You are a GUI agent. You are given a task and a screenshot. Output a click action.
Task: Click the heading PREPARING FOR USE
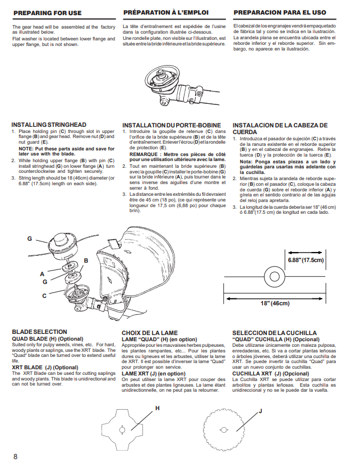[48, 13]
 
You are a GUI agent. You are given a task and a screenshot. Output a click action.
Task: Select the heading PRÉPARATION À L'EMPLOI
[166, 13]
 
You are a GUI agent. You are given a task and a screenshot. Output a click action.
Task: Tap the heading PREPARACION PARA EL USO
[280, 13]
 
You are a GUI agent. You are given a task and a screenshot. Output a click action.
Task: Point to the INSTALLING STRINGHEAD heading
[49, 125]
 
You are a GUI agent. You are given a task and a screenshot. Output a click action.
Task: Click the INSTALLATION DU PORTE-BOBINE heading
[172, 125]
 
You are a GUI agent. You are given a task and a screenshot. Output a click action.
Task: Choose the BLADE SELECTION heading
[40, 332]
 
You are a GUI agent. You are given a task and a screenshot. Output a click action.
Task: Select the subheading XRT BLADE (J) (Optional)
[45, 368]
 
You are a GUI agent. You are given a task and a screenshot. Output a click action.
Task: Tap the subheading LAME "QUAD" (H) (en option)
[159, 340]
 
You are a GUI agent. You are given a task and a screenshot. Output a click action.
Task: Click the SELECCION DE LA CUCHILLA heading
[274, 333]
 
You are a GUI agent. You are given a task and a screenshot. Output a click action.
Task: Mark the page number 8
[15, 456]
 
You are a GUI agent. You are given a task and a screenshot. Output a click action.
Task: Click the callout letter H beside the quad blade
[157, 408]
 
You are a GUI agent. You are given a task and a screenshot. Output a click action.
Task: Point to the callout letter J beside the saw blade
[260, 411]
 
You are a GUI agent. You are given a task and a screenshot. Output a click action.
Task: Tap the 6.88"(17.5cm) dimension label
[306, 260]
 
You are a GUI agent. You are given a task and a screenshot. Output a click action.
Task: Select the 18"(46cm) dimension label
[275, 303]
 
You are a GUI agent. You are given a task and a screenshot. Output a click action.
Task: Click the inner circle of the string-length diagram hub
[274, 277]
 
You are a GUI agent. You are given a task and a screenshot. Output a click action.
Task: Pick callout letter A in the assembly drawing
[42, 274]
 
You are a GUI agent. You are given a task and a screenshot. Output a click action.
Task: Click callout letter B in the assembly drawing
[86, 260]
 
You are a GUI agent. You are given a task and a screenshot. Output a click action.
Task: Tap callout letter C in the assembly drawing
[44, 296]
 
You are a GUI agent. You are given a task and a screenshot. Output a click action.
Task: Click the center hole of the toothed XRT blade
[224, 430]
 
